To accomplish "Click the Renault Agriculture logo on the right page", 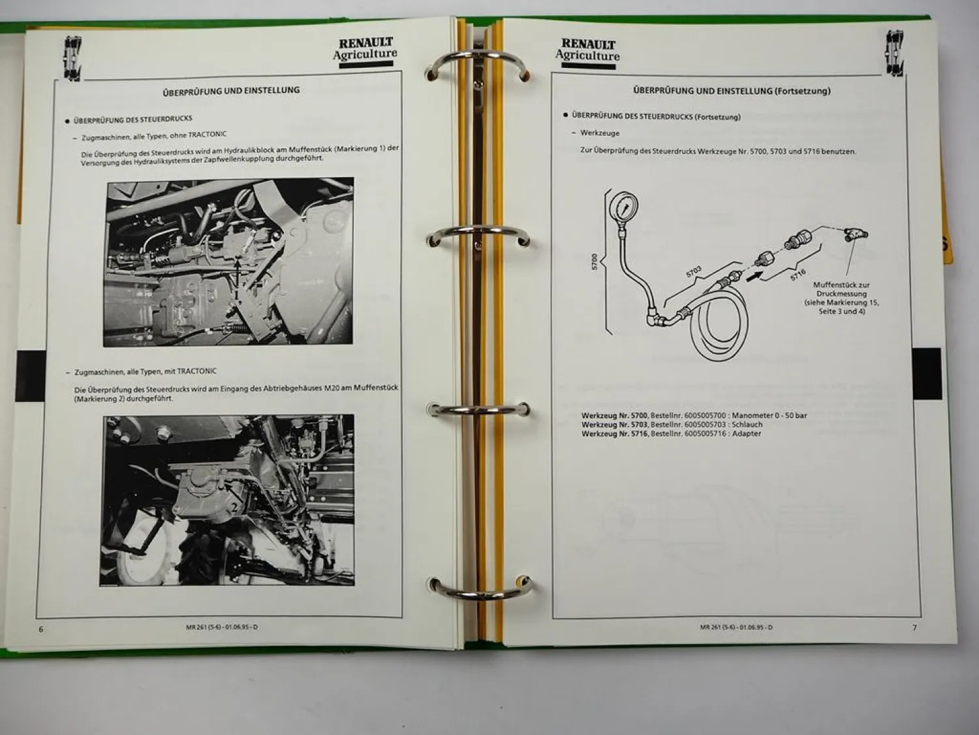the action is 587,54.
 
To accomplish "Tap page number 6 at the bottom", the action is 41,629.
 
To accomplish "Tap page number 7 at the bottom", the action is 914,627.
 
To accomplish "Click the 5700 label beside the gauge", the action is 594,261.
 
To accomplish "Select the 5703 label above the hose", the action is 694,271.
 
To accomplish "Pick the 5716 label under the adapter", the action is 798,274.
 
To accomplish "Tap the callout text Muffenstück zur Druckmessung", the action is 841,289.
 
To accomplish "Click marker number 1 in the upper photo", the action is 237,295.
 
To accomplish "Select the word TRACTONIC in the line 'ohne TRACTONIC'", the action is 208,135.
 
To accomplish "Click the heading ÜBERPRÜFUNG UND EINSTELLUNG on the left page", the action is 231,91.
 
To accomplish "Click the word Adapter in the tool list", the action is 747,433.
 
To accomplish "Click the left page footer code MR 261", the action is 222,627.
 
